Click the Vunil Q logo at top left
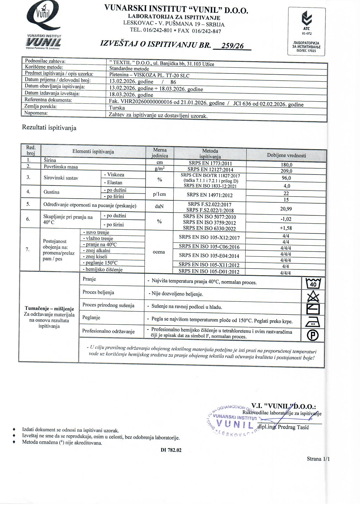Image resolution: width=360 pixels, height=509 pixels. click(x=44, y=17)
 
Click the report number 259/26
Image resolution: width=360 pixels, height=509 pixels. click(x=232, y=46)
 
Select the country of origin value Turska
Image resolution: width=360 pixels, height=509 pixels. click(x=117, y=108)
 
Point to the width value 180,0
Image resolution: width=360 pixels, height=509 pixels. click(x=286, y=165)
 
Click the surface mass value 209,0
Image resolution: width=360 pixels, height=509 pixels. click(x=286, y=171)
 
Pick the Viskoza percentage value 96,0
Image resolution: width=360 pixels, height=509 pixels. click(x=286, y=178)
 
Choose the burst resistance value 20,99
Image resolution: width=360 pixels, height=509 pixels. click(x=286, y=209)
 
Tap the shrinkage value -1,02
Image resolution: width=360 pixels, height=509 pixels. click(x=286, y=219)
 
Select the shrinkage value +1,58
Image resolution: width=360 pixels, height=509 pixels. click(x=286, y=228)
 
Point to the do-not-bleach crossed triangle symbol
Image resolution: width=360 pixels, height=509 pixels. click(x=313, y=297)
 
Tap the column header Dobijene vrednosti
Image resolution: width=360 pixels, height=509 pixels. click(x=286, y=156)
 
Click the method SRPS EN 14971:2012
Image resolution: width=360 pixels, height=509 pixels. click(x=210, y=195)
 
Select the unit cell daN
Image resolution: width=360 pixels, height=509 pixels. click(x=159, y=206)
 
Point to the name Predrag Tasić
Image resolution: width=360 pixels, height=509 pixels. click(x=294, y=427)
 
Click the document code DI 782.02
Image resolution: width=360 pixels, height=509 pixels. click(x=171, y=450)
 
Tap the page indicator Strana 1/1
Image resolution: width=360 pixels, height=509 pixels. click(x=318, y=459)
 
